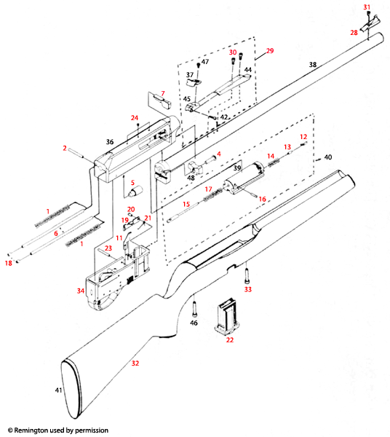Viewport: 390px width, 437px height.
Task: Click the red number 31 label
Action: click(367, 7)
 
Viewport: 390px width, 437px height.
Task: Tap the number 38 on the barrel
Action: click(313, 65)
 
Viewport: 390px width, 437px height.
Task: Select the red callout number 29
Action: click(269, 50)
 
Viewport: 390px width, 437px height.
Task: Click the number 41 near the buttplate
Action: click(59, 391)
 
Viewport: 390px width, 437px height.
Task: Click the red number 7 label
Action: click(163, 93)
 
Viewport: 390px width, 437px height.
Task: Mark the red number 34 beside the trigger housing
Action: click(81, 291)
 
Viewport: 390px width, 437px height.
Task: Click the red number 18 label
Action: click(9, 262)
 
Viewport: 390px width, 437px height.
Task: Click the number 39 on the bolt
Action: click(236, 168)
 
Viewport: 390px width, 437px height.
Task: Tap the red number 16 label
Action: click(263, 198)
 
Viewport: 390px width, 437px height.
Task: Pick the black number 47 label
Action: click(204, 62)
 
